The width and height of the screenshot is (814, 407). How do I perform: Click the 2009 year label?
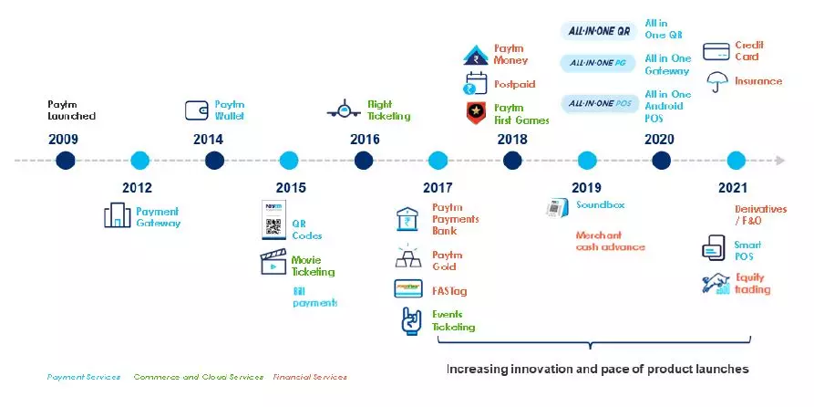[64, 140]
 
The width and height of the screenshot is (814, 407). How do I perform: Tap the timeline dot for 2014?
[214, 161]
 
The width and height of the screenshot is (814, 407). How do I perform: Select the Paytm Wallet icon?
[196, 110]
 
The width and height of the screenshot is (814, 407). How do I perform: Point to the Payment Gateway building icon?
[117, 216]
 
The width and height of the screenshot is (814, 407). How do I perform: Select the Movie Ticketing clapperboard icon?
[273, 264]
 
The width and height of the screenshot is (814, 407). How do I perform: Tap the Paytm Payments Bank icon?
[407, 219]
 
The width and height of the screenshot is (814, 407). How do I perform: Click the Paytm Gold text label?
[447, 260]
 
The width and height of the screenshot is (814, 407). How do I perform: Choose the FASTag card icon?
[407, 289]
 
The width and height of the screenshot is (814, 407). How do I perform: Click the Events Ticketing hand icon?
[409, 320]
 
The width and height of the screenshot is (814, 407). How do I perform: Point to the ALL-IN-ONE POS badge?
[596, 103]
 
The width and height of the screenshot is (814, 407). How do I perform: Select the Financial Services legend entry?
[310, 377]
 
